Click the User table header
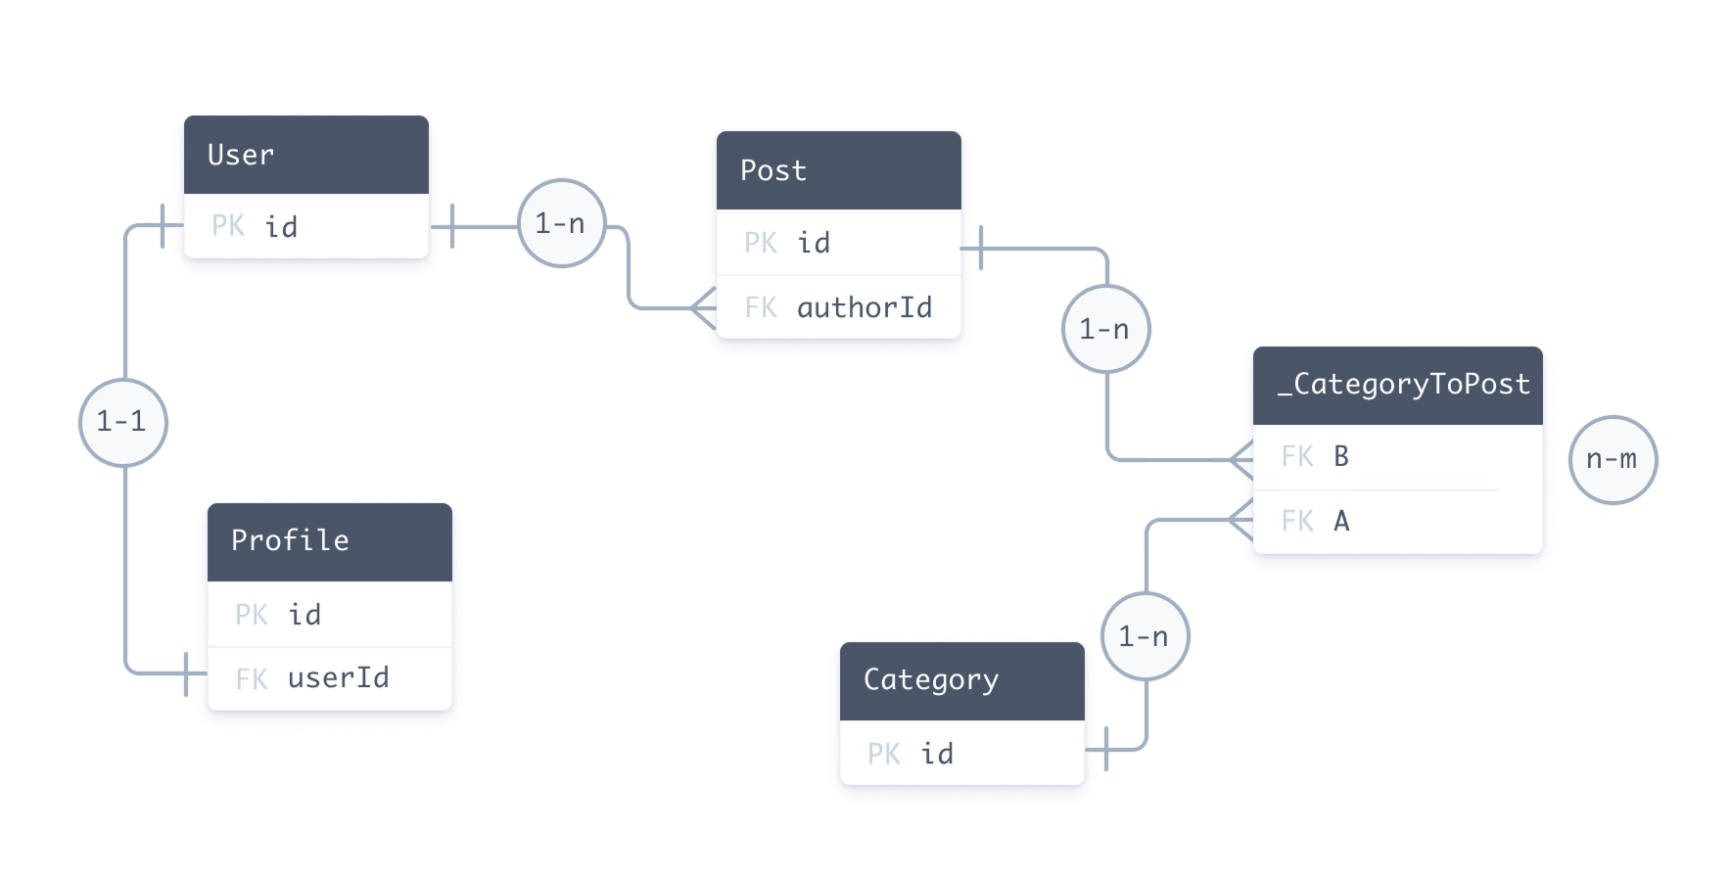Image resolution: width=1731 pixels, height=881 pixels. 305,155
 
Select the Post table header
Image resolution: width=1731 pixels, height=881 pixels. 838,170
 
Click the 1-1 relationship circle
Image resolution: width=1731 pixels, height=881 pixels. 122,422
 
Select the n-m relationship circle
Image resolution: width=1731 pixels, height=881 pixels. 1612,459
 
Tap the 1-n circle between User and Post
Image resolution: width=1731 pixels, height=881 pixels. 560,224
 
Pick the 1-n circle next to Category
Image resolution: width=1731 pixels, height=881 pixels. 1144,637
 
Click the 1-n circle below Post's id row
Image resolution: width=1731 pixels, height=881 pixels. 1104,330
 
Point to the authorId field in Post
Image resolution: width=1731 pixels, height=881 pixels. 864,308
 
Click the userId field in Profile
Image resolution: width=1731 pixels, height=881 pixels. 338,677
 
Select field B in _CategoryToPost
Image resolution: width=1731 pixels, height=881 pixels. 1341,457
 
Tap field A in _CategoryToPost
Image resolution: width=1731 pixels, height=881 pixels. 1341,522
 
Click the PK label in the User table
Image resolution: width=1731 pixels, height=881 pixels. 228,227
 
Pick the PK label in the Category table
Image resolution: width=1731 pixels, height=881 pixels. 884,754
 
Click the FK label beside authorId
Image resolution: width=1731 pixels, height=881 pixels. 761,308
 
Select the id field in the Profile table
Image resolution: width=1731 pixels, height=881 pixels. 304,615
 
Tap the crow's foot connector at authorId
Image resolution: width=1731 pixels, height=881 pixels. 703,308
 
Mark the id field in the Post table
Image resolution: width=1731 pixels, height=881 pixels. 814,243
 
